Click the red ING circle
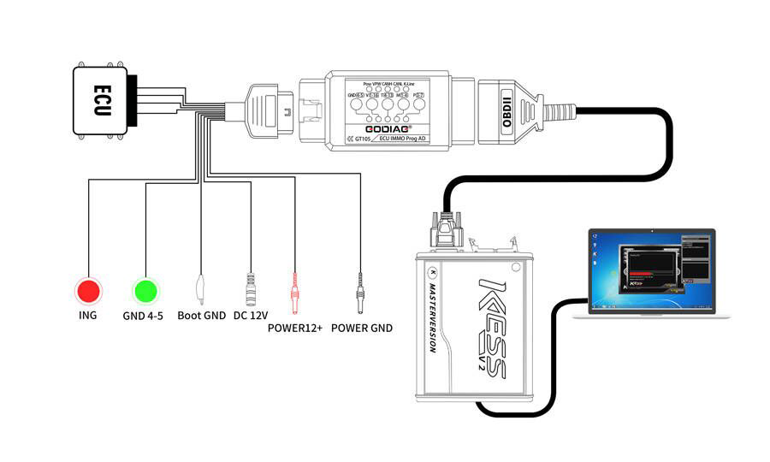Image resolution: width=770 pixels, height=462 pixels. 87,291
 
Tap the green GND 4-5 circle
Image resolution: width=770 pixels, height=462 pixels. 145,291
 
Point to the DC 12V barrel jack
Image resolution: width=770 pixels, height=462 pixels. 252,289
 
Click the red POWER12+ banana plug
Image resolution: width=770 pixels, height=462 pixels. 295,294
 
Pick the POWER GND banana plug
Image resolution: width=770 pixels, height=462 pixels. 360,296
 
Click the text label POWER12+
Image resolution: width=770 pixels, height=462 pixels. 295,328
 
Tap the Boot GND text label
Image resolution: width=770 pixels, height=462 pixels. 201,315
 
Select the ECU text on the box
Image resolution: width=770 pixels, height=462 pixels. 101,102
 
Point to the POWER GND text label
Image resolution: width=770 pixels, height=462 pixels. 362,328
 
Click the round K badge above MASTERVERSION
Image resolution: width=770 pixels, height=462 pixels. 433,273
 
